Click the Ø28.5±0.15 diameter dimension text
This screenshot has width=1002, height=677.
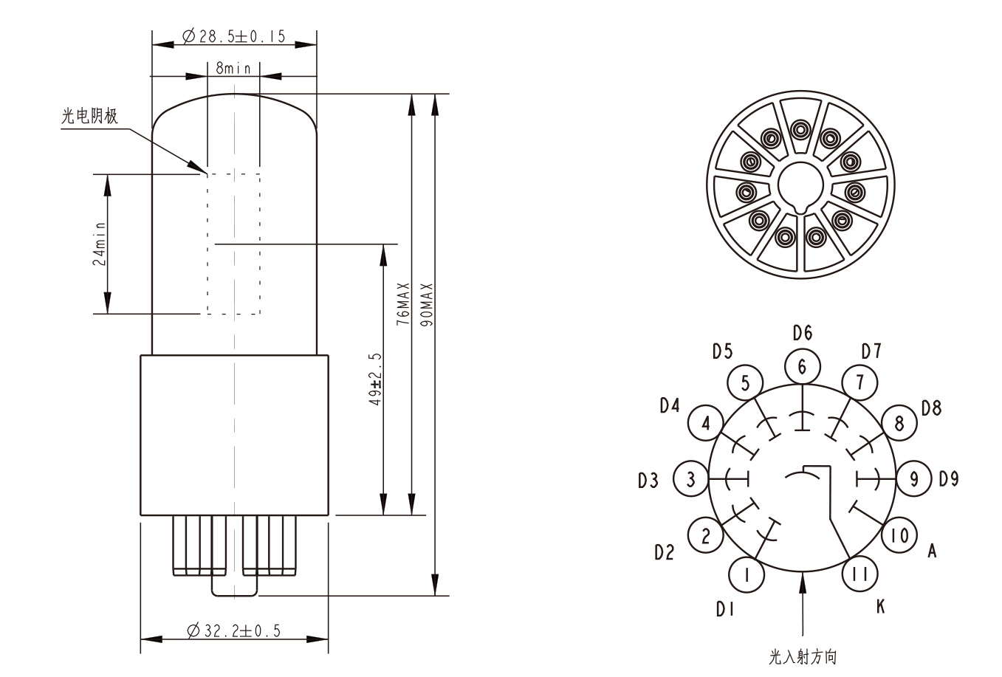click(x=233, y=36)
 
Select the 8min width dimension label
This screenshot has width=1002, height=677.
click(x=233, y=68)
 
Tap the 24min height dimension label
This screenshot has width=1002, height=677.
click(x=99, y=244)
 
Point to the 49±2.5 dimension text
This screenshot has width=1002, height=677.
click(x=375, y=379)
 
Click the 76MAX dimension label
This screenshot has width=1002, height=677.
click(x=403, y=303)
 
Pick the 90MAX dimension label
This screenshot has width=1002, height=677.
click(x=427, y=304)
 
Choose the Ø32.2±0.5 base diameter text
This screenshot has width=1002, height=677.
click(x=233, y=630)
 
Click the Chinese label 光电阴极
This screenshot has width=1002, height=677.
click(x=89, y=116)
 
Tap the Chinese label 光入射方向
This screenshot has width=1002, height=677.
click(x=803, y=657)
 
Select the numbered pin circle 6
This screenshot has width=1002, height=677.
click(x=803, y=367)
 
